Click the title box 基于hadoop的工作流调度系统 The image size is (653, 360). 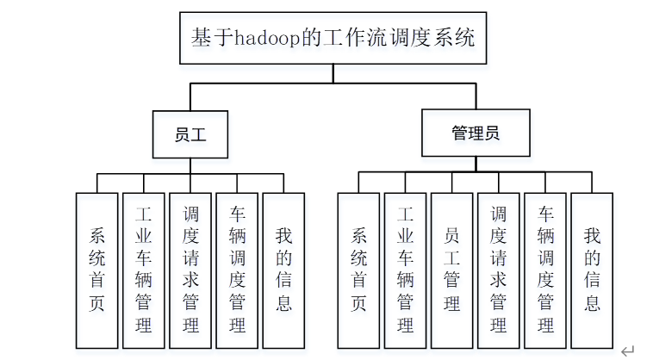coord(333,39)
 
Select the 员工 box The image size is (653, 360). coord(190,134)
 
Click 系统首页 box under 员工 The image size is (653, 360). coord(96,269)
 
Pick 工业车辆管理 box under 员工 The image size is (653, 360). coord(143,269)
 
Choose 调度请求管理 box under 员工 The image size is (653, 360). coord(190,269)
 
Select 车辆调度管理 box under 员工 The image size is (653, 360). coord(237,269)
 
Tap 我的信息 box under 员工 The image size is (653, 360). coord(283,269)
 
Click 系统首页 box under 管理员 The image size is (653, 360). coord(358,269)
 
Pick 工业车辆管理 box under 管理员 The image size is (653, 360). coord(405,269)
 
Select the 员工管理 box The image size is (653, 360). coord(451,269)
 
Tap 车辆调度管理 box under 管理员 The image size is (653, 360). coord(545,269)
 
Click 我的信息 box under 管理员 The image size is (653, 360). coord(592,269)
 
